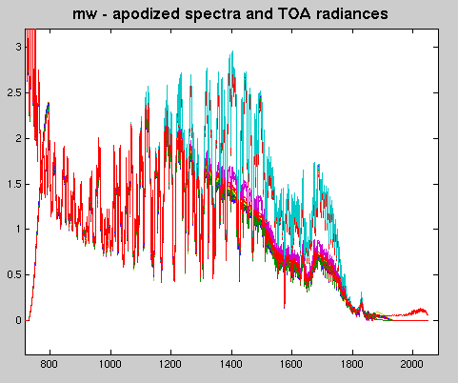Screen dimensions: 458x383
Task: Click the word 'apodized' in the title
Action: [x=147, y=14]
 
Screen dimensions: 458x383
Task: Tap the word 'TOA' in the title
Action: [x=294, y=13]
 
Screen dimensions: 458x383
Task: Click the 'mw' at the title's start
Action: [x=84, y=15]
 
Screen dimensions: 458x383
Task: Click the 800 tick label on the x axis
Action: [x=50, y=364]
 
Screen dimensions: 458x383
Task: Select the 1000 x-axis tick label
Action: [x=110, y=364]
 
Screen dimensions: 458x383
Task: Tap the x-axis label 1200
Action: [x=170, y=364]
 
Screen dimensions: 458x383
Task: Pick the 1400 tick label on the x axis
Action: [x=231, y=364]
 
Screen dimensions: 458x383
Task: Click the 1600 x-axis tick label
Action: [x=291, y=364]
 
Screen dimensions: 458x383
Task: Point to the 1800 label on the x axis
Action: [x=352, y=364]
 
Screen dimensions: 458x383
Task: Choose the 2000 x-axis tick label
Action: [x=412, y=364]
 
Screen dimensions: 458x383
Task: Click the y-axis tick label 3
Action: [x=18, y=47]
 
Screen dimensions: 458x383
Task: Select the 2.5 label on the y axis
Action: [x=14, y=92]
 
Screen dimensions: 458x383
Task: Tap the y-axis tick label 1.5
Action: [x=14, y=184]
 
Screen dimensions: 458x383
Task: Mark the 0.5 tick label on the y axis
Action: [x=14, y=274]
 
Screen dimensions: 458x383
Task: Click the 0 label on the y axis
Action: [x=18, y=320]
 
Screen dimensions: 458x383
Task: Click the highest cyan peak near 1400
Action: [x=232, y=51]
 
